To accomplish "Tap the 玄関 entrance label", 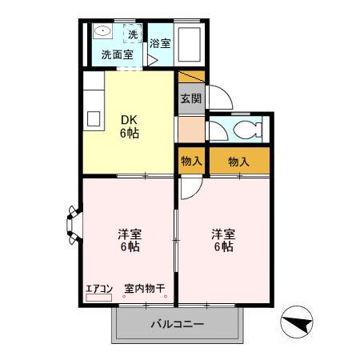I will tap(190, 99).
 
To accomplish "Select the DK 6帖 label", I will tap(130, 127).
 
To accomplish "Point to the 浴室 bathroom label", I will tap(159, 43).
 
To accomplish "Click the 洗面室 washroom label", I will tap(117, 56).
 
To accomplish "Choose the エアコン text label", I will tap(99, 289).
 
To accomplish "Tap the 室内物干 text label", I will tap(144, 289).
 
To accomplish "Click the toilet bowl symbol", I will tap(246, 131).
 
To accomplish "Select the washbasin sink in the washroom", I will tap(102, 32).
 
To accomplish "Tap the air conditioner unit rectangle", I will tap(99, 298).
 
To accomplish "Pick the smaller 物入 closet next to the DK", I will tap(190, 161).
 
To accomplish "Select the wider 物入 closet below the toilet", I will tap(238, 161).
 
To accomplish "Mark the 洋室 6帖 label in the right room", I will tap(222, 240).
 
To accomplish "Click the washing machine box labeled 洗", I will tap(134, 35).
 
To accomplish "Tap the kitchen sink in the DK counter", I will tap(92, 118).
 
